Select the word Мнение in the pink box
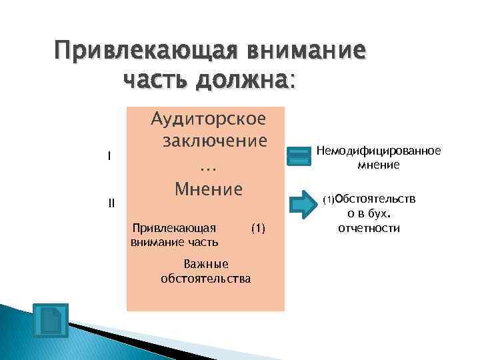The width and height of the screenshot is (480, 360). tap(209, 189)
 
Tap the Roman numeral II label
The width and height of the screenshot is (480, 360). tap(111, 203)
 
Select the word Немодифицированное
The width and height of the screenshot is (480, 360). tap(378, 151)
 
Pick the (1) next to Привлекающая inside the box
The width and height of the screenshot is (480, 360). tap(258, 229)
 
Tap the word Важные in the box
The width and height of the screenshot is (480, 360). tap(206, 264)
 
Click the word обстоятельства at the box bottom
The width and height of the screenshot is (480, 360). tap(206, 277)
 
